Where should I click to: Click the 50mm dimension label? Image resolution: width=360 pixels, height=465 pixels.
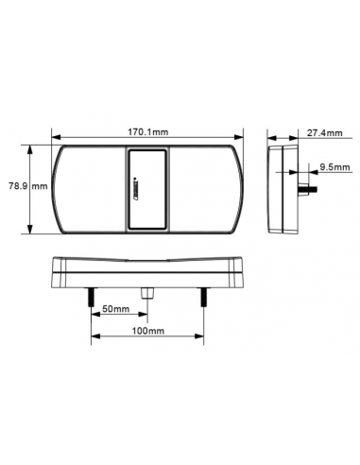(115, 309)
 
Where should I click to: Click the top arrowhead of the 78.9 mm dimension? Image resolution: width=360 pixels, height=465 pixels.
(34, 148)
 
